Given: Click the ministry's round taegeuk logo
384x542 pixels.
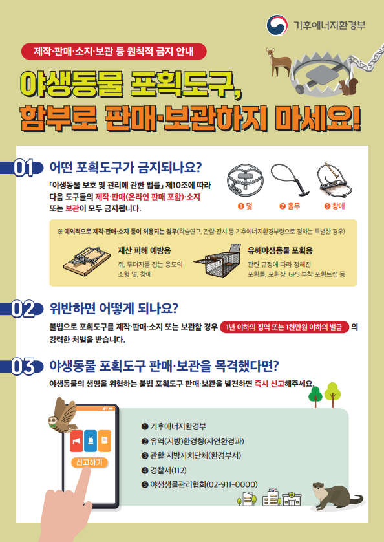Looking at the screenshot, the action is [x=277, y=25].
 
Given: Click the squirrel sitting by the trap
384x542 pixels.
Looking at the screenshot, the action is [x=348, y=87].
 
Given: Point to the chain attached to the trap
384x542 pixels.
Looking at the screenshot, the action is [x=367, y=60].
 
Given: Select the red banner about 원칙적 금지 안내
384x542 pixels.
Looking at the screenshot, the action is [x=114, y=52].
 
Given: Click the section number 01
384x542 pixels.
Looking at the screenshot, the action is [x=24, y=168].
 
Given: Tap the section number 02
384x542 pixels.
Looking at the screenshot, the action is [x=23, y=309].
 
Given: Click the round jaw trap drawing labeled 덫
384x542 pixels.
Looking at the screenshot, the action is [x=245, y=181].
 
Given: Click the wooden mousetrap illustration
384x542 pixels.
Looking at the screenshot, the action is [x=87, y=261].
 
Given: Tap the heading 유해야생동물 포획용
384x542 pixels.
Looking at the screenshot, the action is [x=280, y=250].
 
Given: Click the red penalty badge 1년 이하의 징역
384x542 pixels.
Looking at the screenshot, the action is [x=284, y=327].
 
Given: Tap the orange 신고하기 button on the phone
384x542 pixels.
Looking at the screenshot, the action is [x=90, y=462].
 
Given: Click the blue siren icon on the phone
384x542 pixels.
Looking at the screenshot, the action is [x=91, y=440].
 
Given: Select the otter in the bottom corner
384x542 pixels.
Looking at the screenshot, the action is [x=337, y=496].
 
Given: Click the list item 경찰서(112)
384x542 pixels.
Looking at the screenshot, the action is [x=164, y=470].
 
